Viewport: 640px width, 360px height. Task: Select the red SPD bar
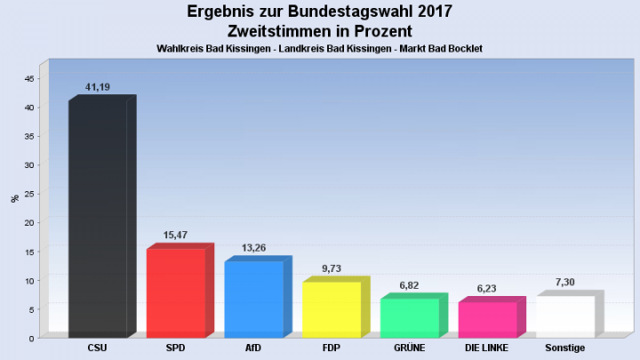click(176, 293)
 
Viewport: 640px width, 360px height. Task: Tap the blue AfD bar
click(253, 300)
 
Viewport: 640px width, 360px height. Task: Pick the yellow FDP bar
click(332, 309)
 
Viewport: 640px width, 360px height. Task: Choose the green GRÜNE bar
click(410, 318)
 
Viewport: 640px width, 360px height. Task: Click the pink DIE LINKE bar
click(487, 320)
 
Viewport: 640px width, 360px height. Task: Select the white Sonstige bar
click(565, 316)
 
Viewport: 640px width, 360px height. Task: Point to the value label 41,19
click(97, 87)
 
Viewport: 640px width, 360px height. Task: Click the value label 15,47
click(175, 236)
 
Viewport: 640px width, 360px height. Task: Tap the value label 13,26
click(253, 248)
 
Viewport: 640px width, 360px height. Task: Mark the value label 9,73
click(332, 268)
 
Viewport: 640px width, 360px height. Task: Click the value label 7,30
click(565, 282)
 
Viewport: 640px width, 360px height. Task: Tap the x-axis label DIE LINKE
click(487, 348)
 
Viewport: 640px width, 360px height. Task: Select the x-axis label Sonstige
click(565, 348)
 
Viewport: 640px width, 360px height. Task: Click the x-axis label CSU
click(98, 348)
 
